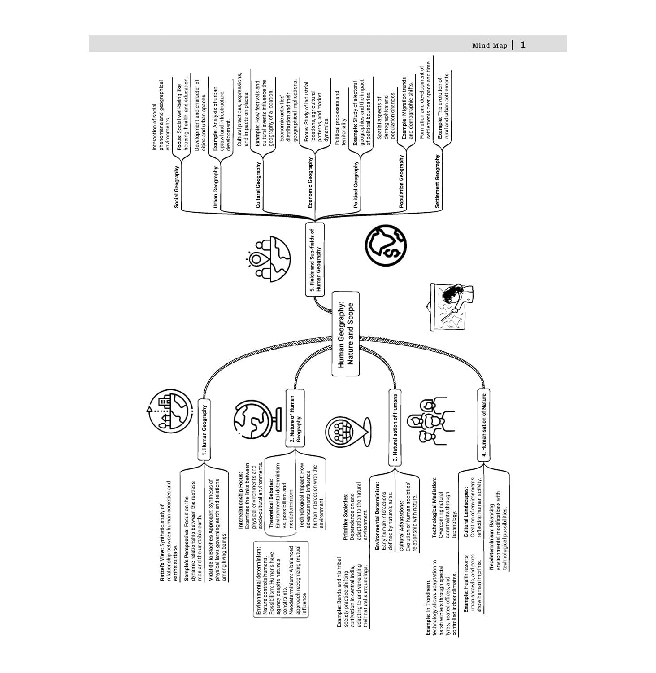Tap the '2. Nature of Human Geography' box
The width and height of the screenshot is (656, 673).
coord(295,418)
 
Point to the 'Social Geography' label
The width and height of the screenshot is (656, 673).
coord(177,187)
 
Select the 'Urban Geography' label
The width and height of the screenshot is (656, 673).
coord(216,187)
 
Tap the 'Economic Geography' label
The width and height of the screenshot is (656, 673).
coord(310,183)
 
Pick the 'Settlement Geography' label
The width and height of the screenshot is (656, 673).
coord(437,181)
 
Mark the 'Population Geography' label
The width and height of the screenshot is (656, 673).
coord(401,181)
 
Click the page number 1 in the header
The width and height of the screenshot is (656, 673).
coord(523,45)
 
